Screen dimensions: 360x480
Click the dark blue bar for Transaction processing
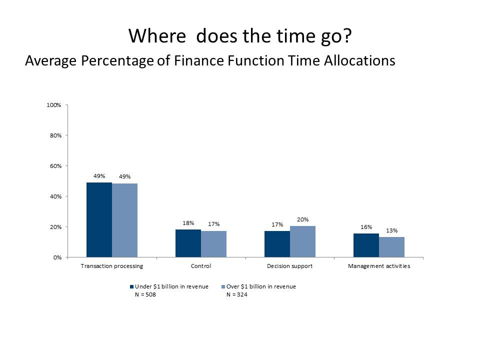point(99,220)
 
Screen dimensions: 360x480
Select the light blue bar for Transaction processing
point(124,220)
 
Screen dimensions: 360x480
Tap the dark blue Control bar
point(188,243)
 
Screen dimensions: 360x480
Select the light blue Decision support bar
point(302,241)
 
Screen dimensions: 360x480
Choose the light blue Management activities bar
point(391,247)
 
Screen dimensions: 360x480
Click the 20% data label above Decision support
point(302,219)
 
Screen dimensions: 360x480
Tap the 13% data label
point(391,230)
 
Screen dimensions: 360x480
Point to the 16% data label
point(366,227)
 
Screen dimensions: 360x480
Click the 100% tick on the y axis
point(53,105)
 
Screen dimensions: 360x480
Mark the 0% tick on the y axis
point(56,257)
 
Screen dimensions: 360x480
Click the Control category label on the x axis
point(201,266)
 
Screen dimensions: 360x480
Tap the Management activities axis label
point(379,266)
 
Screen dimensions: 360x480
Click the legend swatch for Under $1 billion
point(131,286)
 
